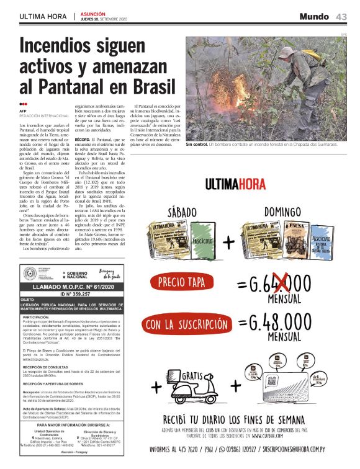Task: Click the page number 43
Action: (341, 16)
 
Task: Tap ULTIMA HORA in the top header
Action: (43, 16)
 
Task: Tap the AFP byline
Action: (23, 110)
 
